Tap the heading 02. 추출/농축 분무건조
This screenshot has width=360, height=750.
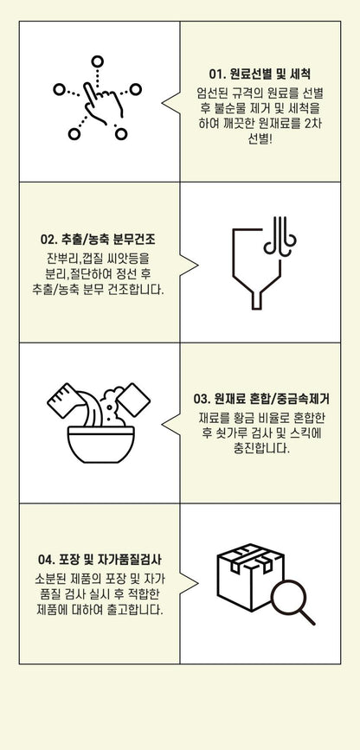(103, 238)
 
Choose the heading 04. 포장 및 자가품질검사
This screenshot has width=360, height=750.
(102, 559)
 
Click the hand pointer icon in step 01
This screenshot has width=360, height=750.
(97, 101)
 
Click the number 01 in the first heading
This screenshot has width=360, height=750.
(216, 74)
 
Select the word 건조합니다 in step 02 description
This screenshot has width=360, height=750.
(140, 290)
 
